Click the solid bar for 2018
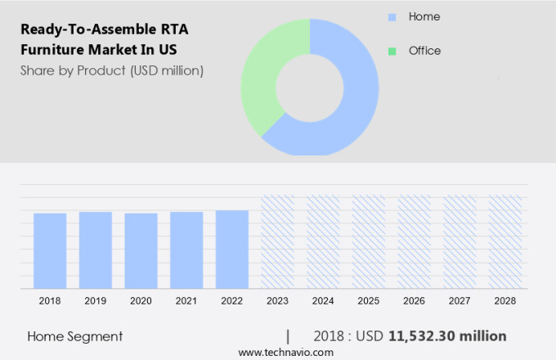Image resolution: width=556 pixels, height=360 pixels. [50, 250]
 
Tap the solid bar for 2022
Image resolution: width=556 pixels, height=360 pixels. [232, 250]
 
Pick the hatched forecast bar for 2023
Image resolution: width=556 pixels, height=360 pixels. [277, 242]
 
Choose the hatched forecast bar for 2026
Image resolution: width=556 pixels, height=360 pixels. [414, 242]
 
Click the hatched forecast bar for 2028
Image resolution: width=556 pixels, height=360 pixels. [504, 242]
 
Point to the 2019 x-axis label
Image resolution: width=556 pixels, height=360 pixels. [96, 301]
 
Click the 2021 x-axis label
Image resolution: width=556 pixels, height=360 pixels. [186, 301]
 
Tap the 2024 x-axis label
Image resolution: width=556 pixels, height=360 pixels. [323, 301]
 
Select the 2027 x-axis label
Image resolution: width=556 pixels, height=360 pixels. [460, 301]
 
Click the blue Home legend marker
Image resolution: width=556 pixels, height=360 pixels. [392, 17]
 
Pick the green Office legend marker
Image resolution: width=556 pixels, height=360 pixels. [392, 51]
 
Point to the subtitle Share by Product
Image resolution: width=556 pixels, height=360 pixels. [112, 70]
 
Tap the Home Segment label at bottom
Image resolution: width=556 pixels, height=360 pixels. [75, 336]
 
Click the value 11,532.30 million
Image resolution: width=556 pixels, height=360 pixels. [447, 336]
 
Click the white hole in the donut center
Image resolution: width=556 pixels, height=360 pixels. [311, 87]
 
